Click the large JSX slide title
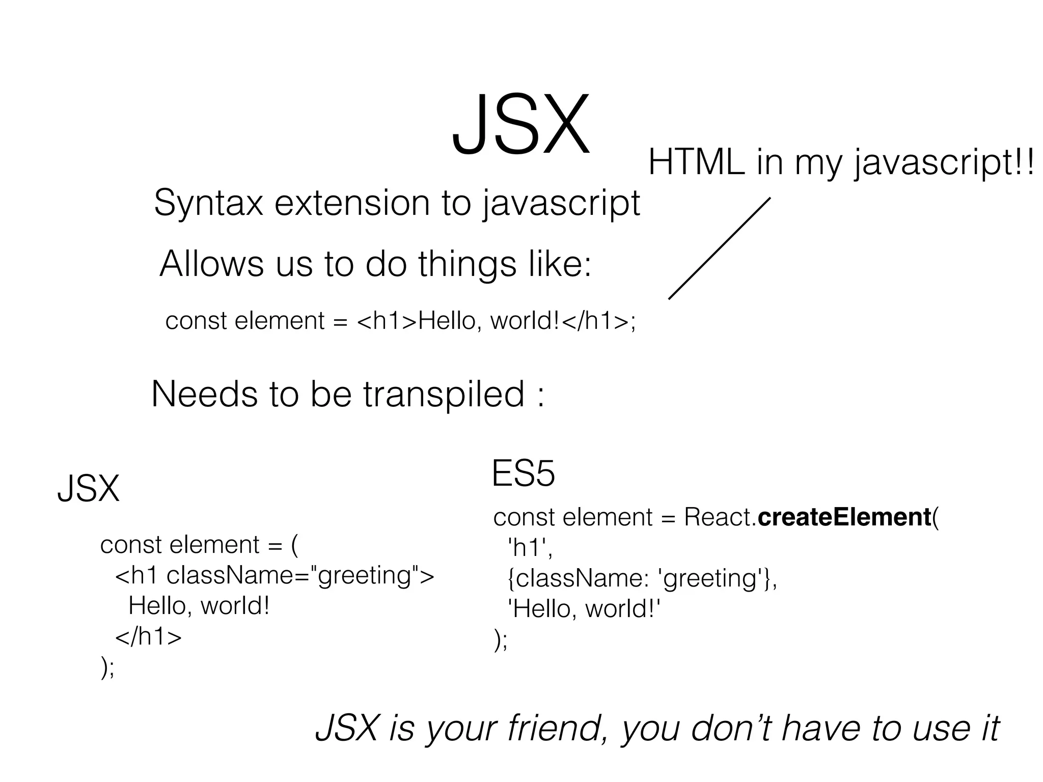click(x=520, y=125)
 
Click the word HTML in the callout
click(x=696, y=163)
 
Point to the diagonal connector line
click(x=719, y=248)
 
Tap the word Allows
click(x=211, y=264)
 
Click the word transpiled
click(x=444, y=395)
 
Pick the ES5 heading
click(x=523, y=473)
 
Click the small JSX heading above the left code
click(x=88, y=489)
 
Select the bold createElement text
click(x=844, y=517)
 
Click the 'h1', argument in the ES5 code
click(x=530, y=548)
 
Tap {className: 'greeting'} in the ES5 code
click(x=642, y=578)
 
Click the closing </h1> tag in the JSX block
click(x=148, y=637)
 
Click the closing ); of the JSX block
click(x=108, y=667)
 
